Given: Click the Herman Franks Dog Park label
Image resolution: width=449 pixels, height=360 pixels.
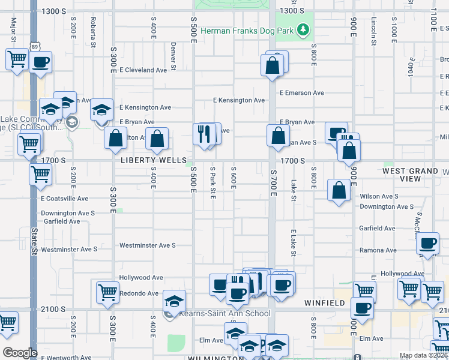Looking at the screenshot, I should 249,29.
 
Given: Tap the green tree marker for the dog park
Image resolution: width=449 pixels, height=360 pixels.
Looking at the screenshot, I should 304,29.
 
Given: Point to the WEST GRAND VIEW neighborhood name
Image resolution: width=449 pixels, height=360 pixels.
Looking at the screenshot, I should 410,175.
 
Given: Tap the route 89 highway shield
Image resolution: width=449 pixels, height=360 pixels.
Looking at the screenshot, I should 34,46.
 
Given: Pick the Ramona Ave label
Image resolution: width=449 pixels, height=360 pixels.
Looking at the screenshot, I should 378,250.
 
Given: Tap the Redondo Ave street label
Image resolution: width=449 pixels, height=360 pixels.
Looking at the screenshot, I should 139,293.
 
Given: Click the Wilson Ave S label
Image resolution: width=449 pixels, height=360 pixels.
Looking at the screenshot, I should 379,196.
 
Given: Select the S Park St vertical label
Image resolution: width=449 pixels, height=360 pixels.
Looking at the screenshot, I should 212,184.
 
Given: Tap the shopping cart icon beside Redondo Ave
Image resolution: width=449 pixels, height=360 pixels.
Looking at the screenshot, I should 107,292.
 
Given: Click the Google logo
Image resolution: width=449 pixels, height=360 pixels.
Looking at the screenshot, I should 19,353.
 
